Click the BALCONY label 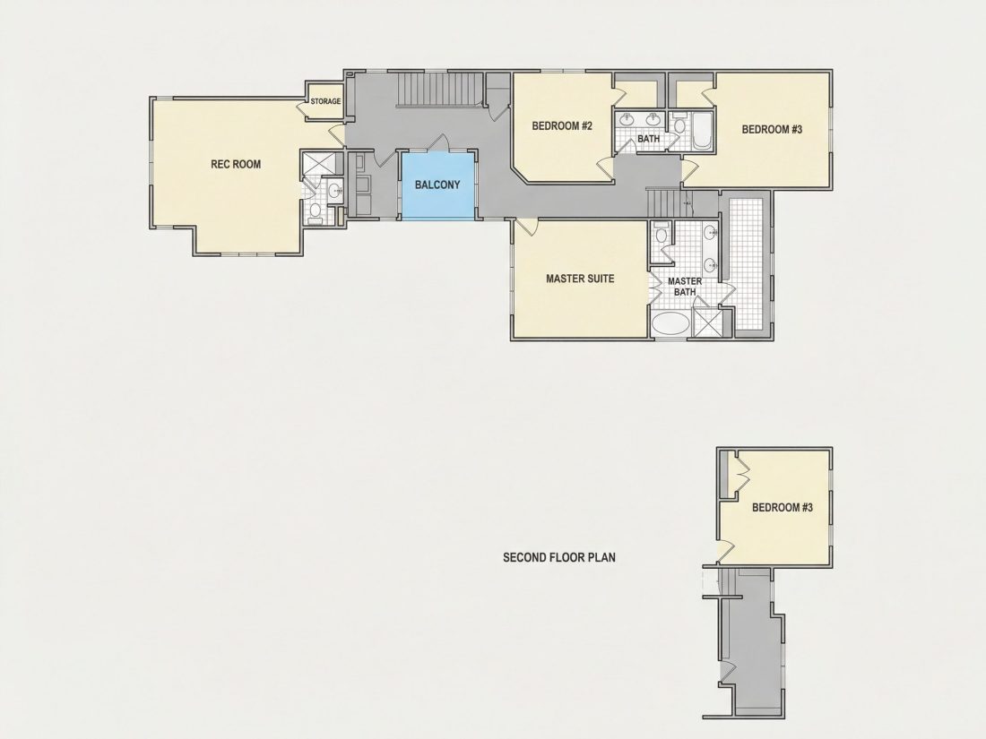pyautogui.click(x=437, y=185)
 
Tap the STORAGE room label pyautogui.click(x=325, y=101)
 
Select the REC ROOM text pyautogui.click(x=236, y=164)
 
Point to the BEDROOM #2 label pyautogui.click(x=562, y=125)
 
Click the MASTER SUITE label pyautogui.click(x=580, y=279)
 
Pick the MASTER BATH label pyautogui.click(x=685, y=287)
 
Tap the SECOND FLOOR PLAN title pyautogui.click(x=559, y=557)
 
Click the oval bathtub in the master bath pyautogui.click(x=671, y=324)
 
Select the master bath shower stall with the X pyautogui.click(x=707, y=323)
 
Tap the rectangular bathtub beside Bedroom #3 pyautogui.click(x=702, y=132)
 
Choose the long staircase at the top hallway pyautogui.click(x=439, y=89)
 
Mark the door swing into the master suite pyautogui.click(x=528, y=227)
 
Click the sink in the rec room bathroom pyautogui.click(x=334, y=189)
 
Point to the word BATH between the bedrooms pyautogui.click(x=648, y=138)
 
